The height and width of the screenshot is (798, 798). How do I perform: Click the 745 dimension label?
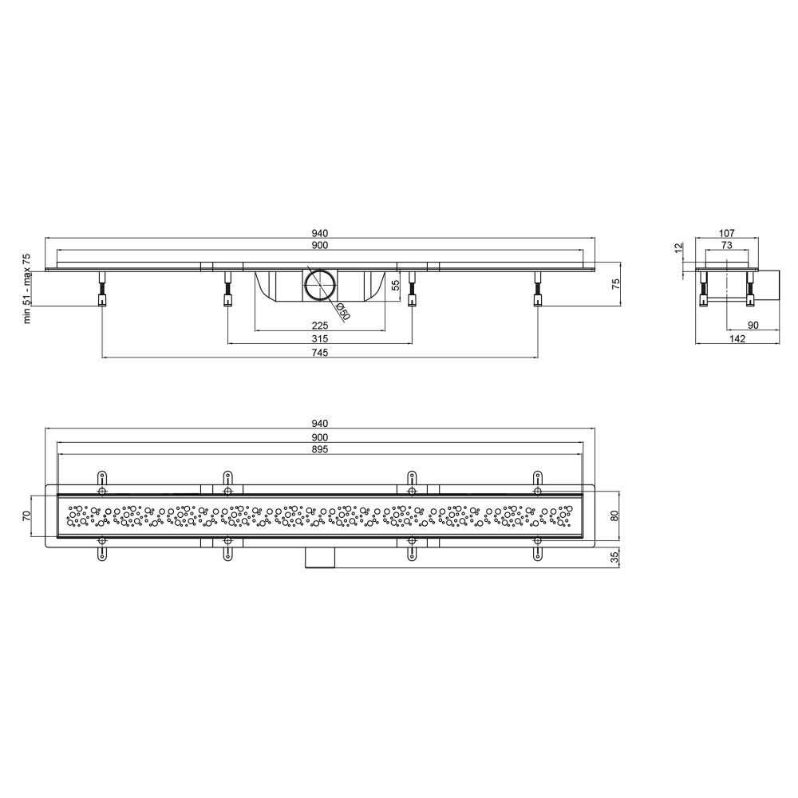(320, 352)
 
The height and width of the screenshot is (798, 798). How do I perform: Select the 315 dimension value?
(320, 338)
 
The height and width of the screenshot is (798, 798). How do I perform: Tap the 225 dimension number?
(320, 326)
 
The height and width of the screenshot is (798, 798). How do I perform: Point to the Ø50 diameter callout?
(343, 311)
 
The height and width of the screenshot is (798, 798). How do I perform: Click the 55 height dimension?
(394, 285)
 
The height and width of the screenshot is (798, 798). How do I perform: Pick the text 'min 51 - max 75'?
(27, 288)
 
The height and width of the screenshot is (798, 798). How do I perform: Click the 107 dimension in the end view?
(727, 233)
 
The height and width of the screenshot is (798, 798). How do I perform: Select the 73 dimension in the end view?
(727, 245)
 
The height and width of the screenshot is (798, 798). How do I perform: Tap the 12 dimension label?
(678, 248)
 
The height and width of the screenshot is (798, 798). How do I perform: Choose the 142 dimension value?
(737, 338)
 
